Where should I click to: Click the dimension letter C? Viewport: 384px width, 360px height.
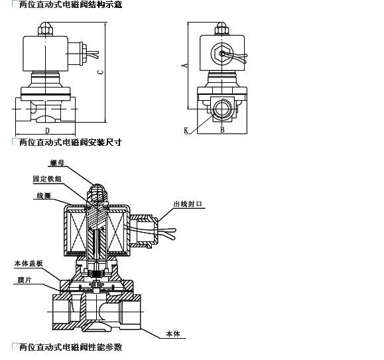(x=101, y=72)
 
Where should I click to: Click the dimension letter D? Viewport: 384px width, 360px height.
(x=48, y=131)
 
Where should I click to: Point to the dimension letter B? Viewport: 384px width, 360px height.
(x=222, y=129)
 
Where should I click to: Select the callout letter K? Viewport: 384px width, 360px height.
(x=186, y=131)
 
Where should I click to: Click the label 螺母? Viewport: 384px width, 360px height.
(x=57, y=162)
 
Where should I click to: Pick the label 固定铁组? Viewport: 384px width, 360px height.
(x=47, y=179)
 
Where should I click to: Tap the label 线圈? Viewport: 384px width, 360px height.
(x=44, y=196)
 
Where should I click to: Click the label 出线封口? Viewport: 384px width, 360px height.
(x=188, y=204)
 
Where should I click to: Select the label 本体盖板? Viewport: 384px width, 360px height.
(x=29, y=264)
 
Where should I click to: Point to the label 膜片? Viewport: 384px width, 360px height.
(x=25, y=280)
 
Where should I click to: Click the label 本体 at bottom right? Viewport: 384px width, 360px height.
(x=173, y=333)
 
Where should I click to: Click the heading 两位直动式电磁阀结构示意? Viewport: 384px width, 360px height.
(x=70, y=4)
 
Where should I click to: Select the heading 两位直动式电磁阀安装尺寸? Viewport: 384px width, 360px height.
(x=70, y=142)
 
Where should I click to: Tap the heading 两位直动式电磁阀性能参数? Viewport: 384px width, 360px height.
(x=70, y=347)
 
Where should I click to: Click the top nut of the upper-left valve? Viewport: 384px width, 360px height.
(x=45, y=29)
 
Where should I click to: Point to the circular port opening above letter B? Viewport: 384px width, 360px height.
(x=222, y=108)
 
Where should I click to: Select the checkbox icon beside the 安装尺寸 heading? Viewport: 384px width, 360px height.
(x=15, y=141)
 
